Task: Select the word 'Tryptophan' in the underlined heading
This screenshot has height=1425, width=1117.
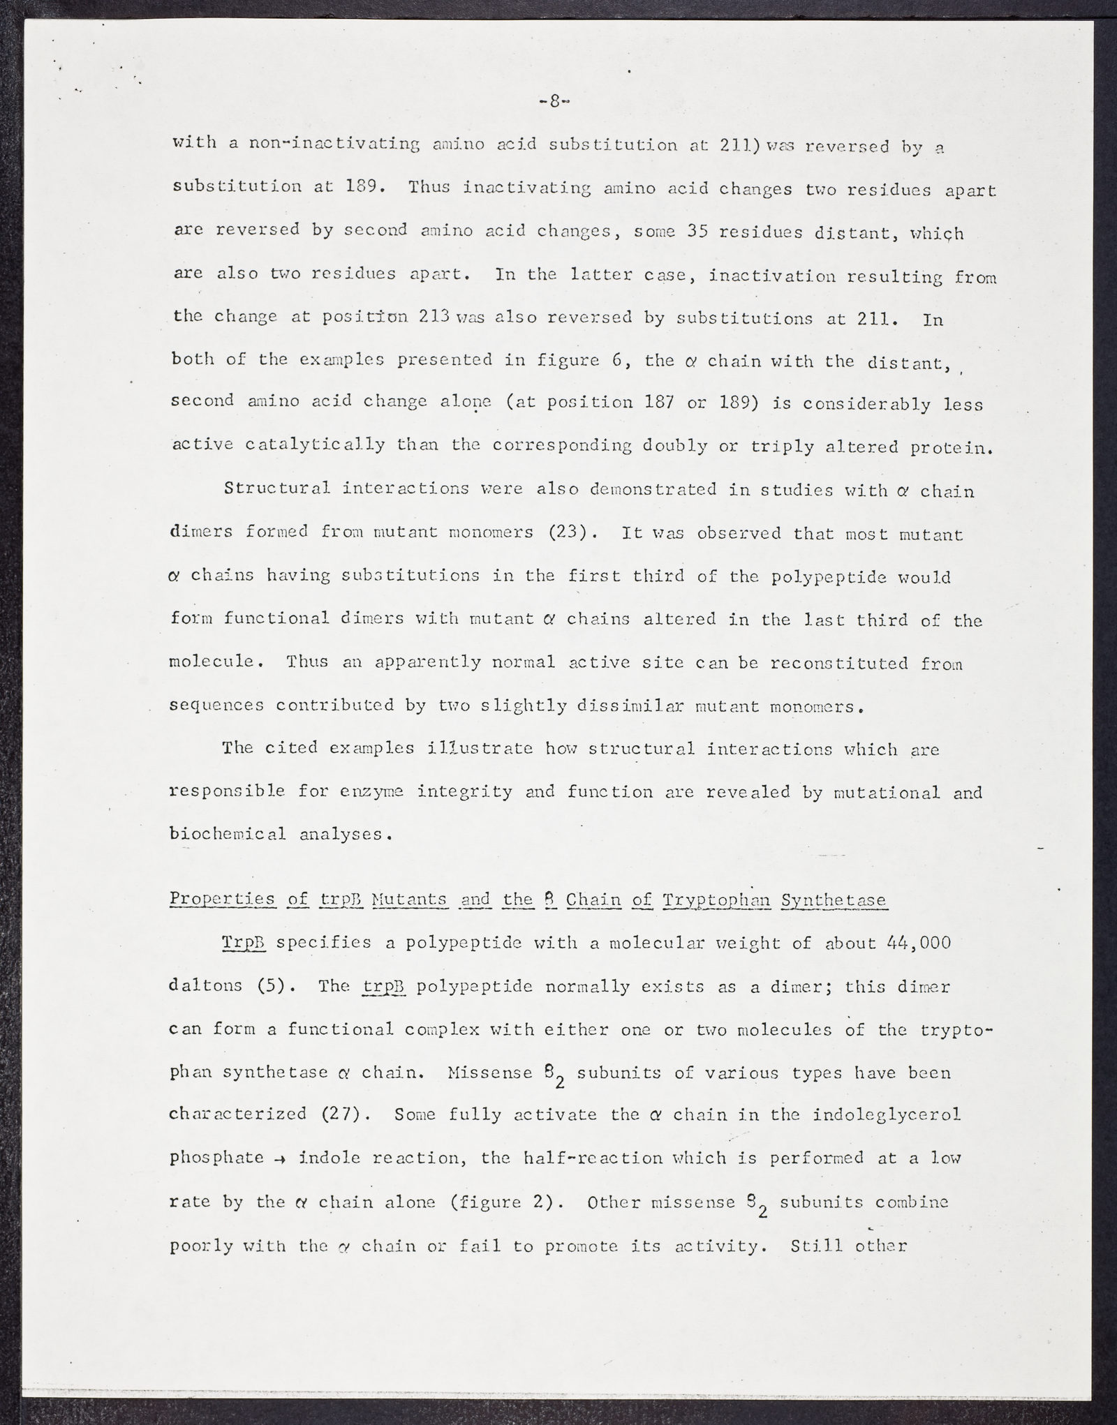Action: tap(716, 900)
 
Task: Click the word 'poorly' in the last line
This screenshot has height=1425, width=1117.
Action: tap(202, 1245)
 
